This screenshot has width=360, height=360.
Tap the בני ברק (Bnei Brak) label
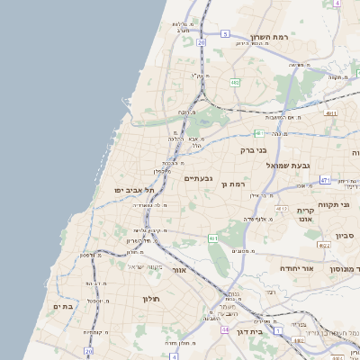(x=255, y=150)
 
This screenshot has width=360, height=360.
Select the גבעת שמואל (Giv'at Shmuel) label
(x=289, y=166)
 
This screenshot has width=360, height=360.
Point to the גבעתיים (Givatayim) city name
(x=198, y=178)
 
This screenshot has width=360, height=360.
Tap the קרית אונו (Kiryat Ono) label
(x=304, y=214)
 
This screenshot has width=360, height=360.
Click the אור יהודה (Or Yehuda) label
(x=294, y=268)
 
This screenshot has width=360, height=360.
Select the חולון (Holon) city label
(x=149, y=298)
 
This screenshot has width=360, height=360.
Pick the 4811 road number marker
(x=331, y=113)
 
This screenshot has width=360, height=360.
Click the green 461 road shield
(x=212, y=238)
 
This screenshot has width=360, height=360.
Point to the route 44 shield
(x=224, y=329)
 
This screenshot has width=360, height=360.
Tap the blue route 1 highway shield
(x=277, y=331)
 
